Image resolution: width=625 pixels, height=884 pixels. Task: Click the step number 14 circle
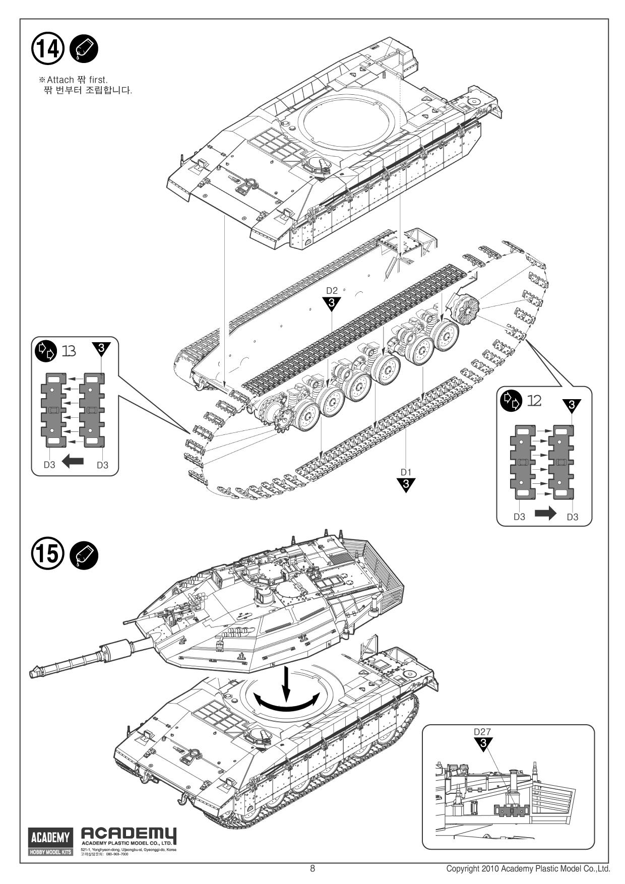(48, 48)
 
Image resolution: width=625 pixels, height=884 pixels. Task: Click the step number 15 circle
(48, 554)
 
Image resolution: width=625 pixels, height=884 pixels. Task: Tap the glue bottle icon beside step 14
(84, 49)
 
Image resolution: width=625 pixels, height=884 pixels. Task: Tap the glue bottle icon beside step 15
(84, 555)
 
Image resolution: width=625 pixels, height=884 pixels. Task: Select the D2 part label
(332, 291)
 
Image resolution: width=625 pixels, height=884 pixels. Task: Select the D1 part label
(406, 472)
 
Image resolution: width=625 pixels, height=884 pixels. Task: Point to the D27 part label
(482, 732)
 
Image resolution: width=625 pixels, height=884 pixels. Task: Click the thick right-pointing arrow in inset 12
(545, 514)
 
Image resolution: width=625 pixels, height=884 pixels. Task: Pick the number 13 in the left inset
(69, 351)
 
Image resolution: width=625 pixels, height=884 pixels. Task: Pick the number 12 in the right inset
(534, 401)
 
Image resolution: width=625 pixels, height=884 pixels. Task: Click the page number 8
(312, 869)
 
